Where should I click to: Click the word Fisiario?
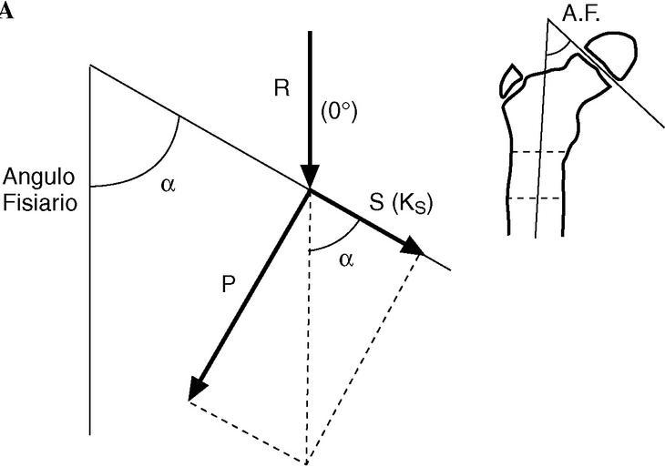38,201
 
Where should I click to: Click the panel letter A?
5,11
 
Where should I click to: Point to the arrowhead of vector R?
310,179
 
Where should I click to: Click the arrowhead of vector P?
194,391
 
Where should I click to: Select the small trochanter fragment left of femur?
510,79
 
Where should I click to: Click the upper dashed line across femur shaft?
541,151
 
